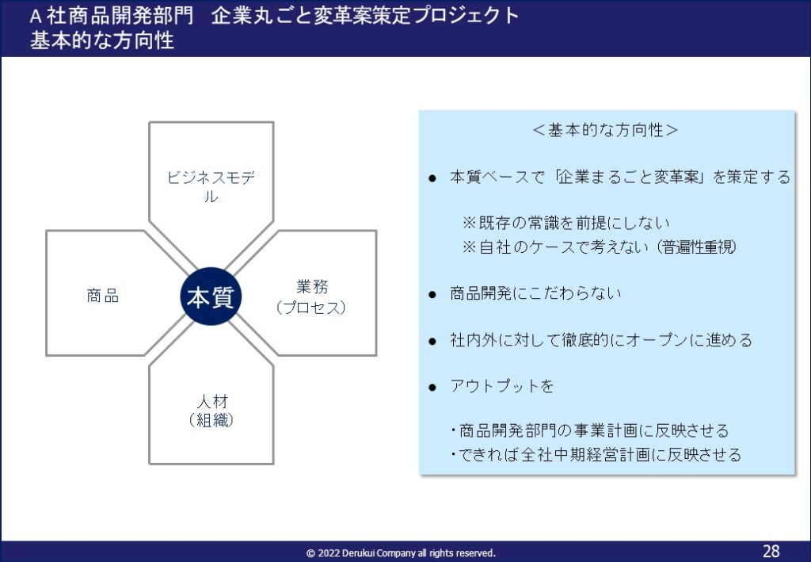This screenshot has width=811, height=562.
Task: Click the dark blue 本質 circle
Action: [211, 296]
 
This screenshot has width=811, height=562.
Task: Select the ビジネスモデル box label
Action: [211, 186]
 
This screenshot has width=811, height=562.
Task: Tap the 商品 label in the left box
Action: [103, 296]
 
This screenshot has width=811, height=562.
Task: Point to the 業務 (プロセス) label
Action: [311, 297]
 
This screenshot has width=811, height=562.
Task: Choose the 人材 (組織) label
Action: [211, 411]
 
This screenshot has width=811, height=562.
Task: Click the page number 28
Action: [771, 551]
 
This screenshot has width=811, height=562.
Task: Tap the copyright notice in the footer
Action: [401, 553]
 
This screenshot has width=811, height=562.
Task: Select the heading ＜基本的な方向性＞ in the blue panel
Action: [605, 130]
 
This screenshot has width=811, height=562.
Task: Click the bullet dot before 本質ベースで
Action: [433, 179]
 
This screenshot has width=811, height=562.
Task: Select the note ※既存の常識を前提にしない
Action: [566, 223]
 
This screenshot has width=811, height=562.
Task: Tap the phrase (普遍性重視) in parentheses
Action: [697, 247]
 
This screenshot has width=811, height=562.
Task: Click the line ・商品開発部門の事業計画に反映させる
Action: [589, 430]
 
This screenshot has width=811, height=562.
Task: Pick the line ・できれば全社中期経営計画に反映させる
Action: [596, 454]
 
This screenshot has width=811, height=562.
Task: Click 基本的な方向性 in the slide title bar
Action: [102, 40]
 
